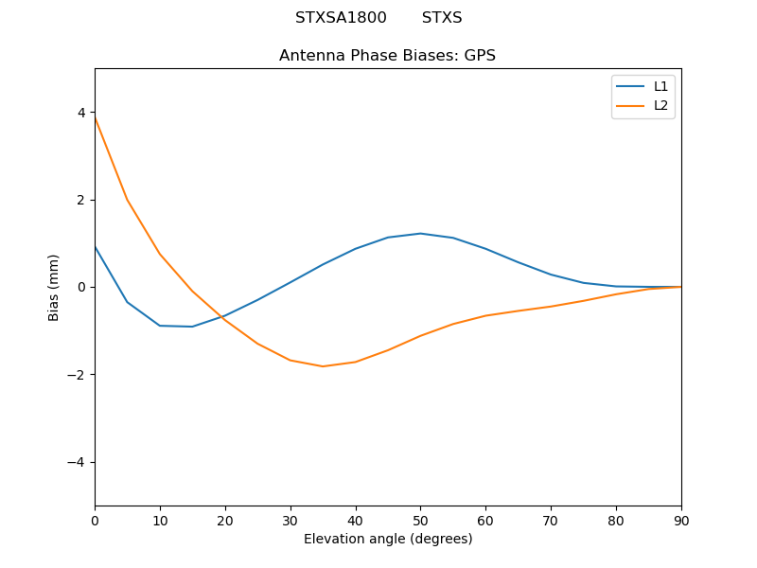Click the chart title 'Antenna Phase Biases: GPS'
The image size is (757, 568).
click(x=387, y=56)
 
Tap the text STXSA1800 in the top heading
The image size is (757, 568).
click(x=341, y=18)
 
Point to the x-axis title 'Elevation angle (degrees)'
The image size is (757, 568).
click(x=388, y=540)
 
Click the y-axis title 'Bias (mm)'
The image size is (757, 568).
click(x=54, y=287)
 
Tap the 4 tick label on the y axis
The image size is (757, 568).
click(x=81, y=113)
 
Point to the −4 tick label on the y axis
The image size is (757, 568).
click(x=77, y=462)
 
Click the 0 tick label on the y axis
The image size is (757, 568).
click(x=81, y=287)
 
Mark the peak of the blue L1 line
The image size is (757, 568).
click(x=420, y=233)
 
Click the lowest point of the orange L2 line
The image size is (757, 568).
click(x=323, y=366)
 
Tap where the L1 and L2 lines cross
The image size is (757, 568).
click(x=220, y=318)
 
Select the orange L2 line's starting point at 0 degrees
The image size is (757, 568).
click(x=95, y=117)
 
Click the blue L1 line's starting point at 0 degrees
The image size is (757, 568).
click(x=95, y=246)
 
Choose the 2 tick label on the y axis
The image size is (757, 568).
click(x=81, y=200)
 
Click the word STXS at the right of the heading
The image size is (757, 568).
click(x=442, y=18)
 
